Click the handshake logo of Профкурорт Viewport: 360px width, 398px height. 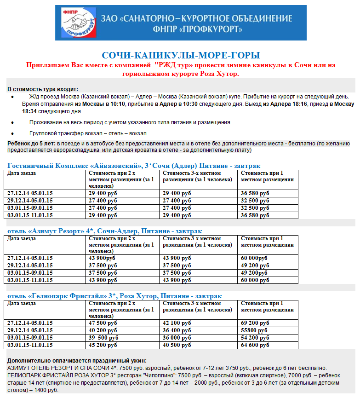pyautogui.click(x=75, y=23)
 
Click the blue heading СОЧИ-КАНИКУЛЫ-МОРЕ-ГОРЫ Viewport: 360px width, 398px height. pyautogui.click(x=181, y=56)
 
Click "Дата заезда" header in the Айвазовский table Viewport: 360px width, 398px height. pyautogui.click(x=22, y=173)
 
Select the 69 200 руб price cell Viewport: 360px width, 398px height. pyautogui.click(x=255, y=323)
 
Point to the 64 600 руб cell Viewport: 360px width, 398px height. pyautogui.click(x=255, y=345)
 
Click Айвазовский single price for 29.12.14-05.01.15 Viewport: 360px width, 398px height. pyautogui.click(x=255, y=201)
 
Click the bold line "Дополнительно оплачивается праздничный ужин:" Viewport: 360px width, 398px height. pyautogui.click(x=77, y=361)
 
